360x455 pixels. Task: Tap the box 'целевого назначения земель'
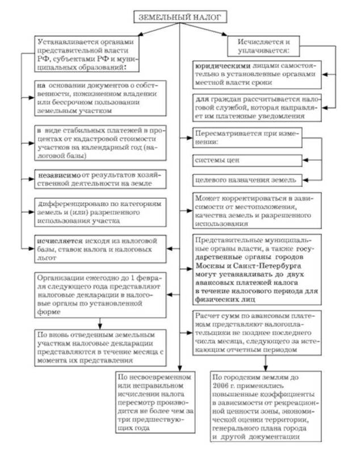click(x=245, y=180)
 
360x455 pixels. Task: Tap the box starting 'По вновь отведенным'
click(x=101, y=346)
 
